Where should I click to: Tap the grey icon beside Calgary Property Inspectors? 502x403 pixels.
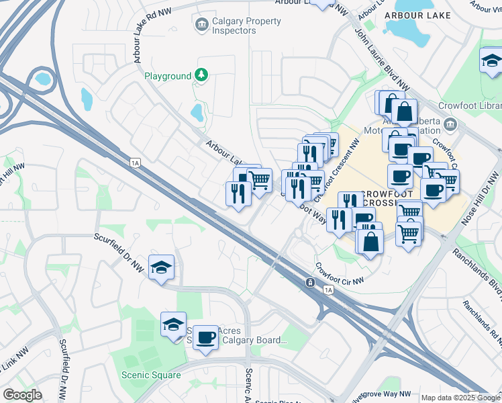(x=201, y=26)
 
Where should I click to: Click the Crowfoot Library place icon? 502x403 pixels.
(x=450, y=124)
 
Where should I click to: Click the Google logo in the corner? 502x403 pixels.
(x=22, y=395)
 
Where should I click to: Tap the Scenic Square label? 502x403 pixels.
(x=151, y=375)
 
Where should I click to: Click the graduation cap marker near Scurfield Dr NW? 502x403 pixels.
(x=161, y=267)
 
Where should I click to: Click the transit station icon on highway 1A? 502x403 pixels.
(x=311, y=283)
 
